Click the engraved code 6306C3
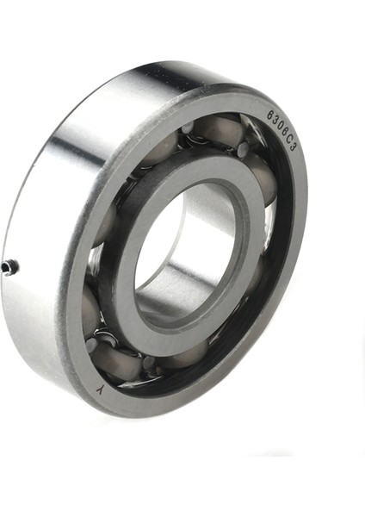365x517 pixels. (281, 130)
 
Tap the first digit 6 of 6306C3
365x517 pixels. (269, 114)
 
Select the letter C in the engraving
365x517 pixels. (288, 140)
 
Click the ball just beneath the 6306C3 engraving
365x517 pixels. (262, 177)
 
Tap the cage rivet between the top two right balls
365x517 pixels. (243, 149)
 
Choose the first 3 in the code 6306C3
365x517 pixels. (274, 120)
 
